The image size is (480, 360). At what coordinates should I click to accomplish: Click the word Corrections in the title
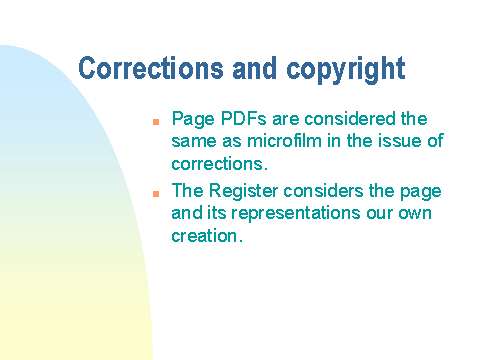tap(151, 68)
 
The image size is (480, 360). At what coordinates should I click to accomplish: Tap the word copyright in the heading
tap(346, 70)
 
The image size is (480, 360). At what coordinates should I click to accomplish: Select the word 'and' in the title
tap(255, 68)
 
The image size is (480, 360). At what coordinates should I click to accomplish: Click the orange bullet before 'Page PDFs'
tap(156, 122)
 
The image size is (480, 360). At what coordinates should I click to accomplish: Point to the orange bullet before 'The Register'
tap(156, 194)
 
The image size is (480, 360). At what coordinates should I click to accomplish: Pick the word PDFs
tap(243, 118)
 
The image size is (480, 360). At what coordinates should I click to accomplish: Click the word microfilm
tap(284, 140)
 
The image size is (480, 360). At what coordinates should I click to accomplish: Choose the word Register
tap(243, 191)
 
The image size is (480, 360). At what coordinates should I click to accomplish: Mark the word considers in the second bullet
tap(323, 191)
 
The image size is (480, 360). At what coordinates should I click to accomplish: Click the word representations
tap(296, 214)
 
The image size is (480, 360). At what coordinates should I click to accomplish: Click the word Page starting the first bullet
tap(193, 120)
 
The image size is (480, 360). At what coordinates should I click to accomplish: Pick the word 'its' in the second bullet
tap(217, 213)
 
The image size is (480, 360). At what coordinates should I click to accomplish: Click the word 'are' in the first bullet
tap(285, 119)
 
